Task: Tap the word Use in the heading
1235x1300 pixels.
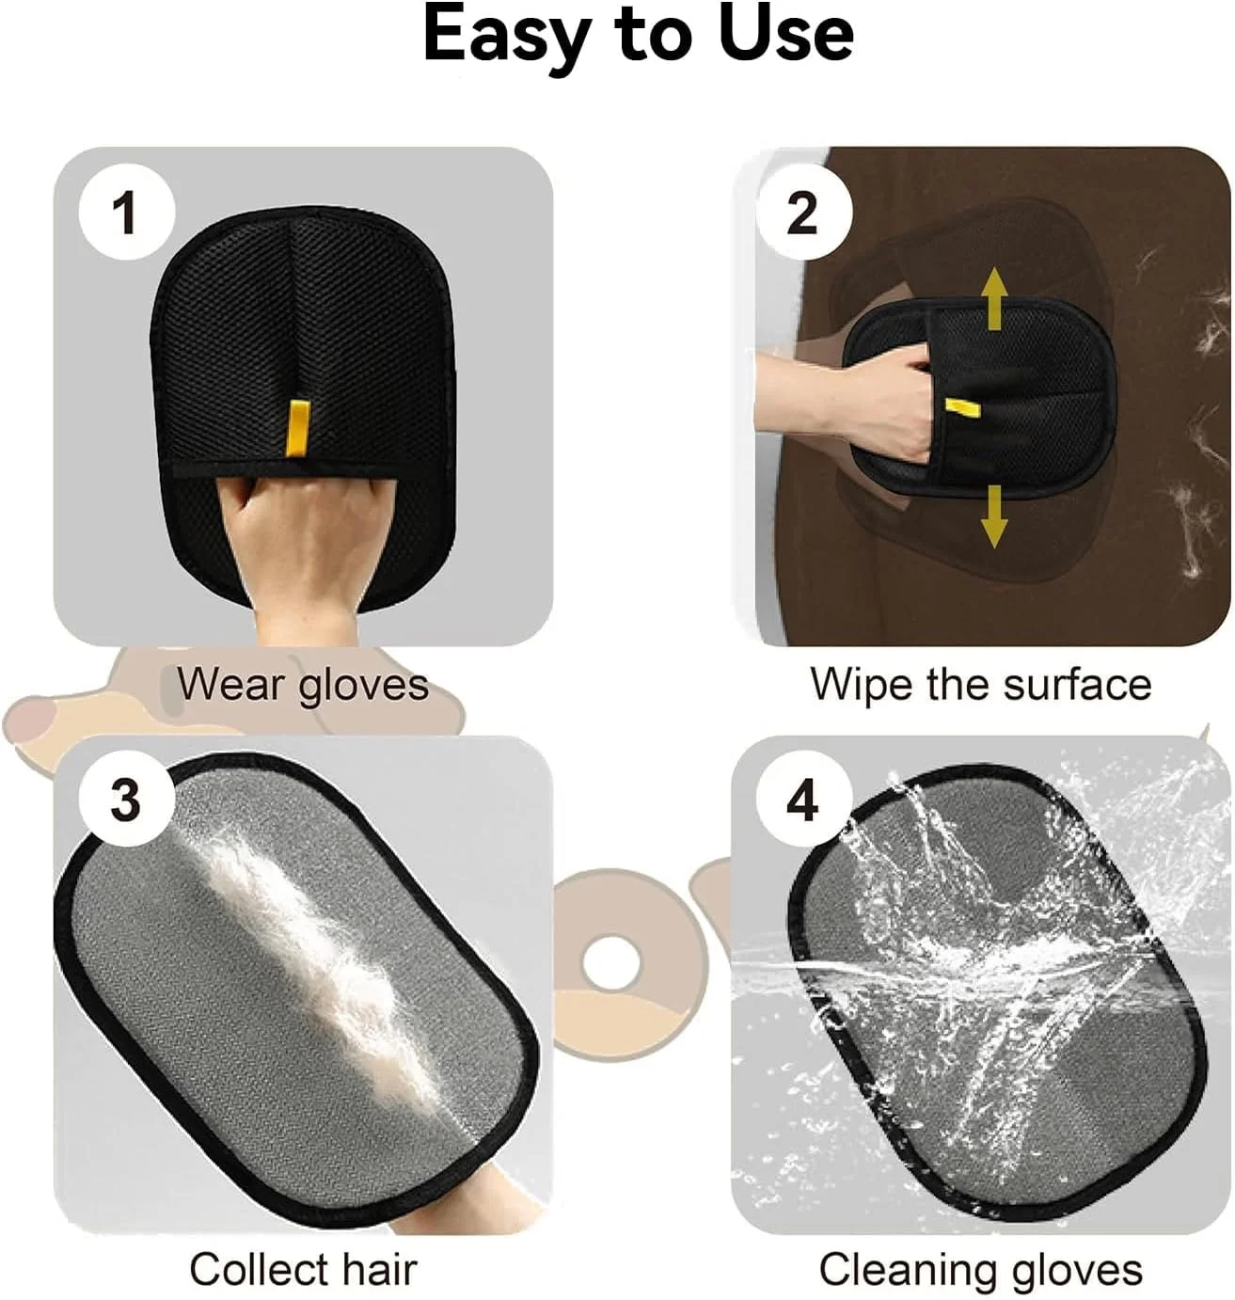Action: (786, 35)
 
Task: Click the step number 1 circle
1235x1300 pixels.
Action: (126, 213)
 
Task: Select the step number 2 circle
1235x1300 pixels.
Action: (802, 213)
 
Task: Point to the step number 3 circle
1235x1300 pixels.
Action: (126, 801)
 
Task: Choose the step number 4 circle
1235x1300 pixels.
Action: (802, 801)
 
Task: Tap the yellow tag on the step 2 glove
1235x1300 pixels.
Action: (960, 408)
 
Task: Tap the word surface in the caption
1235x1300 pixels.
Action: (1077, 685)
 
